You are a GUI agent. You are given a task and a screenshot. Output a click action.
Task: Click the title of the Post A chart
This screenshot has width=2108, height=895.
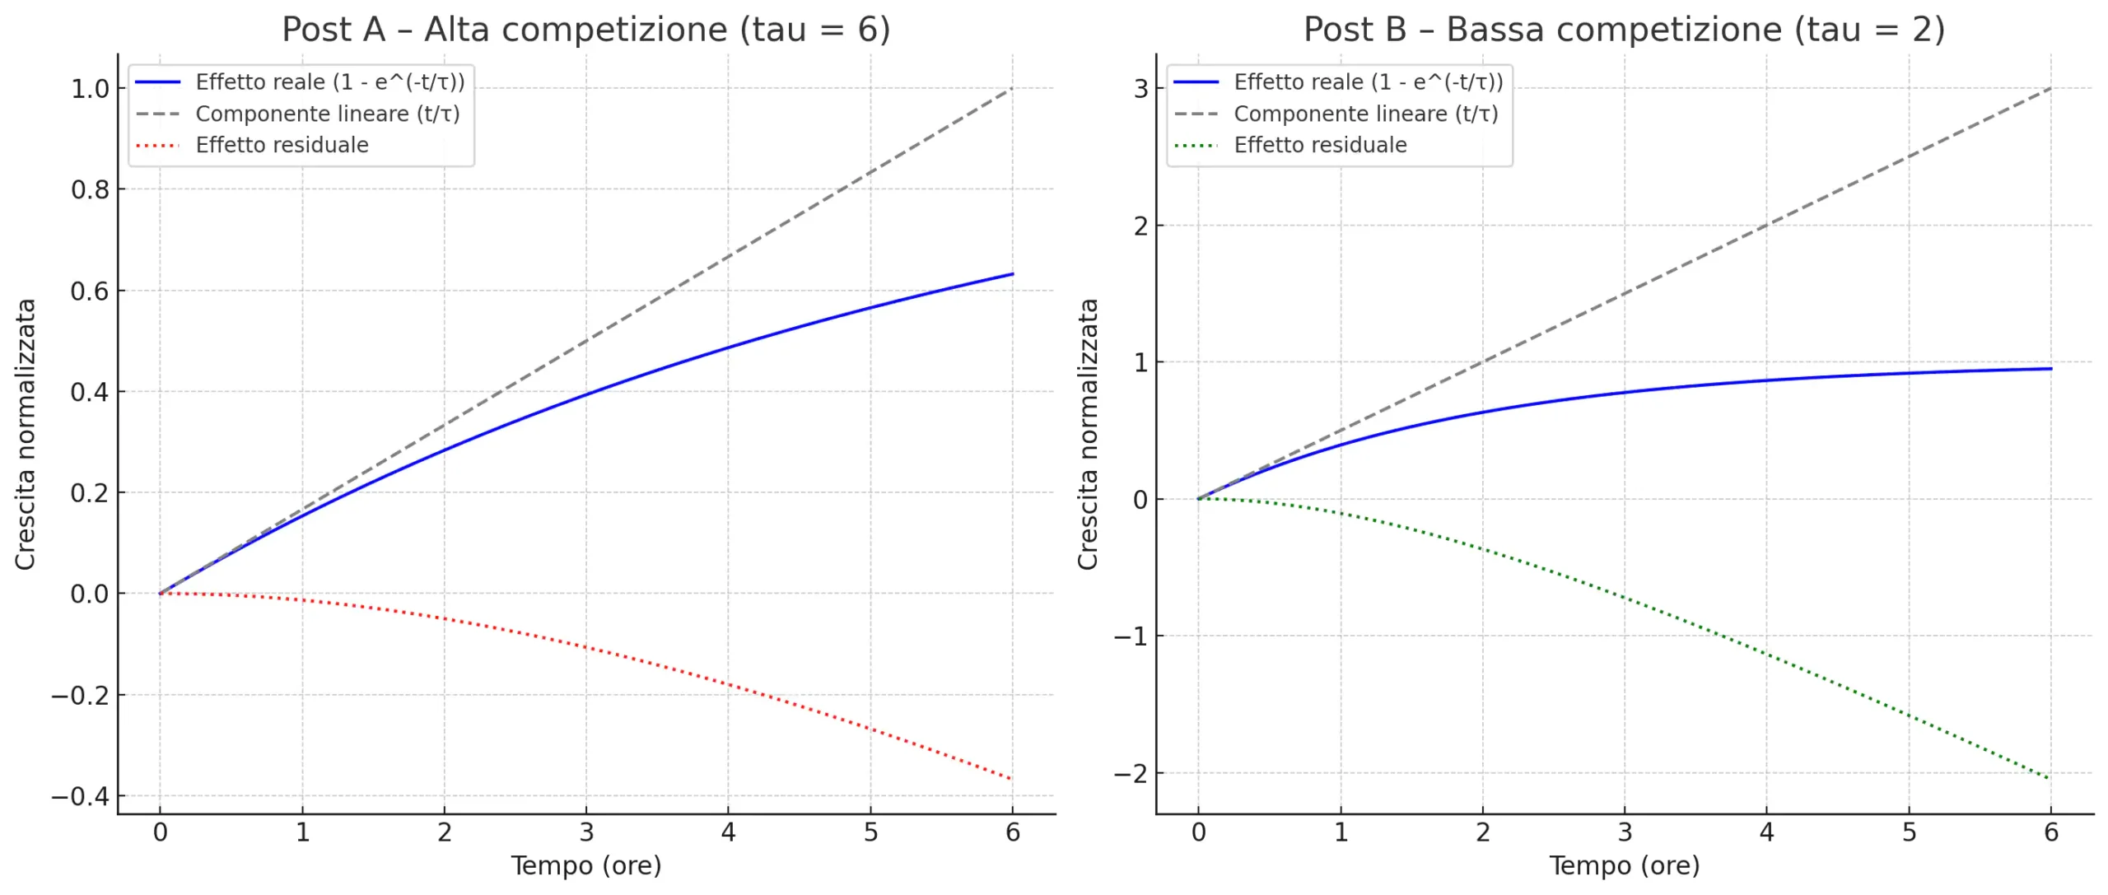click(x=585, y=30)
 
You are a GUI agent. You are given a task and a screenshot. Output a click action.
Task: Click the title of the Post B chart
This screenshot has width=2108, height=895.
click(x=1624, y=30)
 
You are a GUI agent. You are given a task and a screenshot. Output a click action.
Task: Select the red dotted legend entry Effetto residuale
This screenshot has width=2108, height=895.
click(x=282, y=145)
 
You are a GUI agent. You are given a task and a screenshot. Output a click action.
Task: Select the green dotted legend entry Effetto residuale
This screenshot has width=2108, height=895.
click(x=1320, y=145)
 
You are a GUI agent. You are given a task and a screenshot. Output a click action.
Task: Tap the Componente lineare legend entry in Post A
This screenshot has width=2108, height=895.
click(x=327, y=114)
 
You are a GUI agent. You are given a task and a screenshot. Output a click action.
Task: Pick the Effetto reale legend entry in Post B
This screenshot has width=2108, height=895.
click(x=1368, y=82)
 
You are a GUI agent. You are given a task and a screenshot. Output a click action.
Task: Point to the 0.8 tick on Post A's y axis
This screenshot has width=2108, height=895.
click(x=90, y=190)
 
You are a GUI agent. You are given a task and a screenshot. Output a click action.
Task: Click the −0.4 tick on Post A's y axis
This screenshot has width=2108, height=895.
click(x=80, y=796)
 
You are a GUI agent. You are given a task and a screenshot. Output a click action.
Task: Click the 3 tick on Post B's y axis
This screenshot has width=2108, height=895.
click(x=1140, y=89)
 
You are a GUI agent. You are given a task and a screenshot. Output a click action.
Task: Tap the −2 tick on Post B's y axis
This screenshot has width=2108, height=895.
click(x=1131, y=774)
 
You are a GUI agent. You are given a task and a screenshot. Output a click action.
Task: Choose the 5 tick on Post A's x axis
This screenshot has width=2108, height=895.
click(x=870, y=833)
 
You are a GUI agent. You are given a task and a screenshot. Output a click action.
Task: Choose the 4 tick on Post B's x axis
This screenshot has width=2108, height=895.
click(x=1766, y=833)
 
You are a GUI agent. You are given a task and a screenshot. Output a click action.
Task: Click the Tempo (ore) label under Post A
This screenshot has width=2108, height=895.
click(x=585, y=866)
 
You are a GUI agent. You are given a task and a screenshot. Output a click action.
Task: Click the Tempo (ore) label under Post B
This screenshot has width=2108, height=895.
click(x=1624, y=866)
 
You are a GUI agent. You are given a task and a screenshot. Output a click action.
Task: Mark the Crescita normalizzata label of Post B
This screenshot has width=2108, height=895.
click(x=1088, y=434)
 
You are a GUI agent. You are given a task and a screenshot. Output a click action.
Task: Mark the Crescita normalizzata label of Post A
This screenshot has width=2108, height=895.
click(x=26, y=434)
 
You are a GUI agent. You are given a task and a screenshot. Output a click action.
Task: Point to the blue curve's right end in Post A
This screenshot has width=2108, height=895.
click(x=1012, y=274)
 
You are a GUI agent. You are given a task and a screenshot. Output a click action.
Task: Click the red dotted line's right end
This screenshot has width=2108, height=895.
click(x=1011, y=779)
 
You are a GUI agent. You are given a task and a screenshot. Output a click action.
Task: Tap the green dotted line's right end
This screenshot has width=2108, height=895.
click(x=2050, y=779)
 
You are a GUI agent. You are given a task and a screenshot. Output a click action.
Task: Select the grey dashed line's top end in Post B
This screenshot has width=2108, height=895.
click(x=2050, y=88)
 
